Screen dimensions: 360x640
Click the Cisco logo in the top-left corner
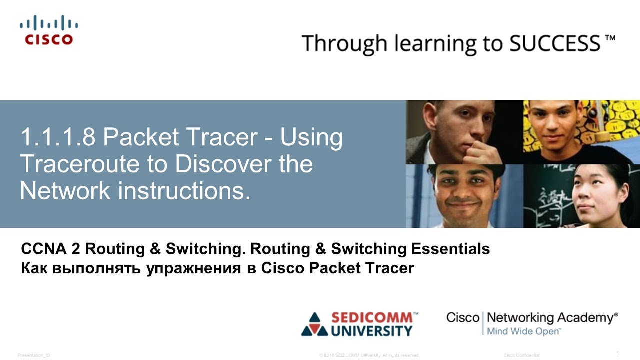pos(49,30)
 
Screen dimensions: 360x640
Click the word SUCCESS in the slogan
pos(555,43)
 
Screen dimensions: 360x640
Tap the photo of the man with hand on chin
pos(464,132)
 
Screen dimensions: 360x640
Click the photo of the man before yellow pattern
pos(581,132)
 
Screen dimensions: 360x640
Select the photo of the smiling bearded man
pos(464,196)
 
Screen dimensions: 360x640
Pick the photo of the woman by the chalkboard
pos(581,196)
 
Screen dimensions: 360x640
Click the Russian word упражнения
pos(190,268)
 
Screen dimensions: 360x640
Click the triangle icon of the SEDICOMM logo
pos(314,324)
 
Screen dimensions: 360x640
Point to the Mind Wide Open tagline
pos(523,331)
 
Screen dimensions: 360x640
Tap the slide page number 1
pos(617,354)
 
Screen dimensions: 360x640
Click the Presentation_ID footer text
pos(34,355)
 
